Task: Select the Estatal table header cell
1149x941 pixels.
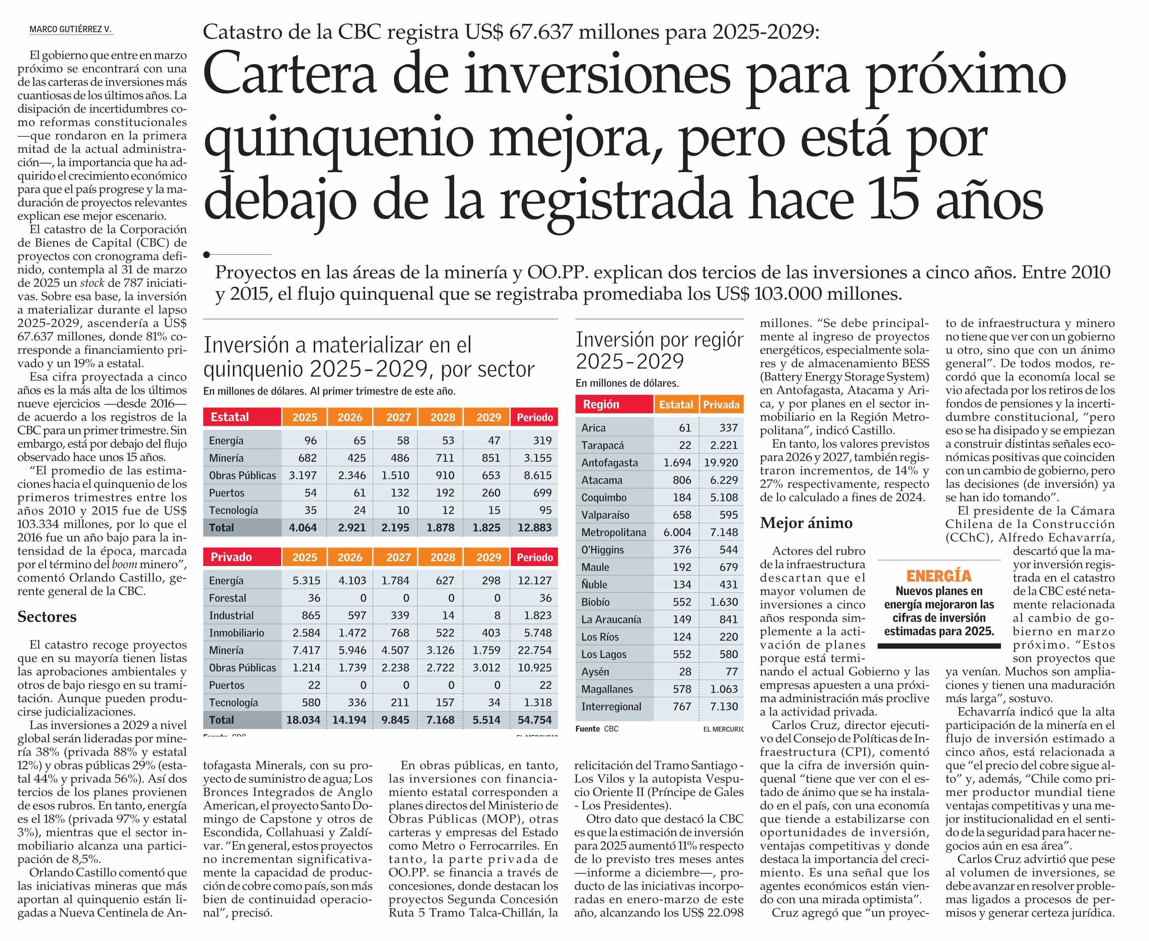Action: point(230,417)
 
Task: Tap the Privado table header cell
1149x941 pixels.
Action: point(232,557)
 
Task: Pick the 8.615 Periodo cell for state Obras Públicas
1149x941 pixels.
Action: point(538,475)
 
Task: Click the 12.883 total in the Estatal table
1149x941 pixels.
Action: point(535,527)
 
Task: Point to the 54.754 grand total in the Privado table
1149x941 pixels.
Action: point(535,720)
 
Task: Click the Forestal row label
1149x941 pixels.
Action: point(228,598)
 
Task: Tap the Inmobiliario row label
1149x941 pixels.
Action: point(236,633)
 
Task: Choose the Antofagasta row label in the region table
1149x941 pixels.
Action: point(610,462)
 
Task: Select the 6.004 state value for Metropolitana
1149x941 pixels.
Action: point(677,532)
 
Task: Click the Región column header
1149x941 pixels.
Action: point(601,404)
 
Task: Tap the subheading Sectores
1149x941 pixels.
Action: point(47,617)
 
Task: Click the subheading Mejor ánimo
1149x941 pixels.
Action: point(798,523)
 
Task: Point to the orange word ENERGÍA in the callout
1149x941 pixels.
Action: point(939,576)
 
